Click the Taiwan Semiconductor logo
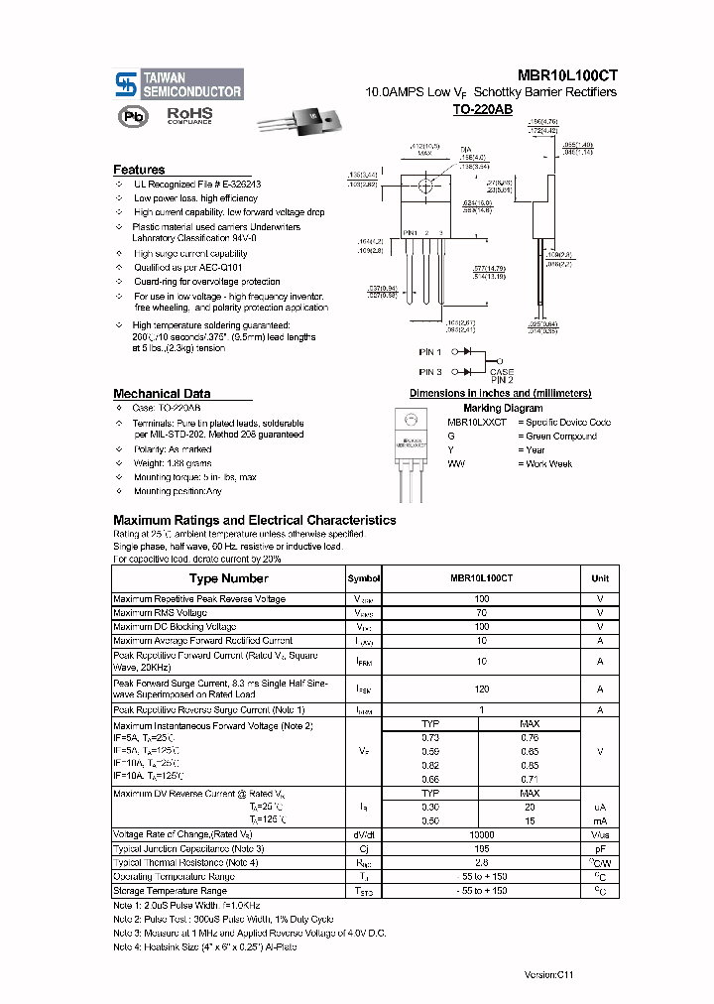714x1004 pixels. coord(178,84)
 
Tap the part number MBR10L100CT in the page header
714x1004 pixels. coord(566,74)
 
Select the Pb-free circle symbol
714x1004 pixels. coord(131,116)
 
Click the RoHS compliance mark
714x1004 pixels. coord(188,116)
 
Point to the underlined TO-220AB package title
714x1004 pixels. coord(482,109)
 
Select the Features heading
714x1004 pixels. coord(139,170)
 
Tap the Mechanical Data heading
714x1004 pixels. coord(161,394)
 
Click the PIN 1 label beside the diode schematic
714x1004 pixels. coord(430,351)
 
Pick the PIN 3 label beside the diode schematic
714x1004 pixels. coord(430,371)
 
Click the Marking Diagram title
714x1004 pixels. coord(503,408)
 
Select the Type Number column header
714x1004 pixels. coord(228,578)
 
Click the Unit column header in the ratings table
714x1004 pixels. coord(600,578)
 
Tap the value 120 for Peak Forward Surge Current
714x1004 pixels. coord(481,689)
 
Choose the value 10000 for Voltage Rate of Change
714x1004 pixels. coord(481,835)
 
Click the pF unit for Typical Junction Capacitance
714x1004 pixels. coord(600,849)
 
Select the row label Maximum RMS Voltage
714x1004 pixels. coord(160,613)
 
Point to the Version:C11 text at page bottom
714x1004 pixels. coord(549,975)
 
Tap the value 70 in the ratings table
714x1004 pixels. coord(481,613)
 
